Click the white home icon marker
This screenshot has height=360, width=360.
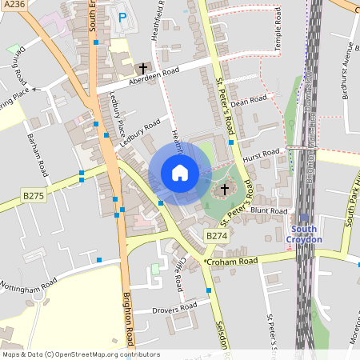click(179, 172)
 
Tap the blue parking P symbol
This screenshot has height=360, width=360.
click(122, 15)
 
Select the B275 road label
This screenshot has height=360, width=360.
click(33, 195)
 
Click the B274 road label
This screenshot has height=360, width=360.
click(216, 236)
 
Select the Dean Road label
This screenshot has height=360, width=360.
click(248, 102)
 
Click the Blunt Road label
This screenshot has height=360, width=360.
click(267, 211)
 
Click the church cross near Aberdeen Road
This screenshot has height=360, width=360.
click(144, 69)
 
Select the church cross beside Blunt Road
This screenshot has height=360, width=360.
click(225, 190)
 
